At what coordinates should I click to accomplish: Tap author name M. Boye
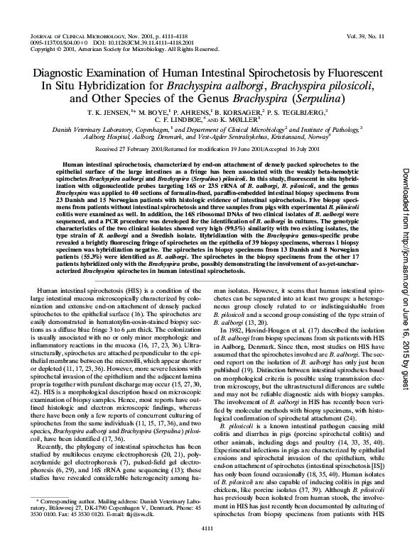148,113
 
